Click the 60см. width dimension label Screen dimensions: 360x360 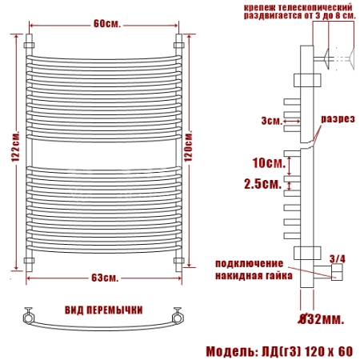(107, 24)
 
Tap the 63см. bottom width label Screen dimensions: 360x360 (105, 278)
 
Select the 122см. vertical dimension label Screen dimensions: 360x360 (15, 146)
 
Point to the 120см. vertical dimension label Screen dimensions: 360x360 (188, 146)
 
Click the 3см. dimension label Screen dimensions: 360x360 (272, 121)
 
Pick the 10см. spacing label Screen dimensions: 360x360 (269, 162)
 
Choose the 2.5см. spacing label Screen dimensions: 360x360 (263, 183)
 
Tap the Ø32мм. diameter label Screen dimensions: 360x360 (321, 319)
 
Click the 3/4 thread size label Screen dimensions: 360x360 (338, 258)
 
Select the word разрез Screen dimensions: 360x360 (338, 118)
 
